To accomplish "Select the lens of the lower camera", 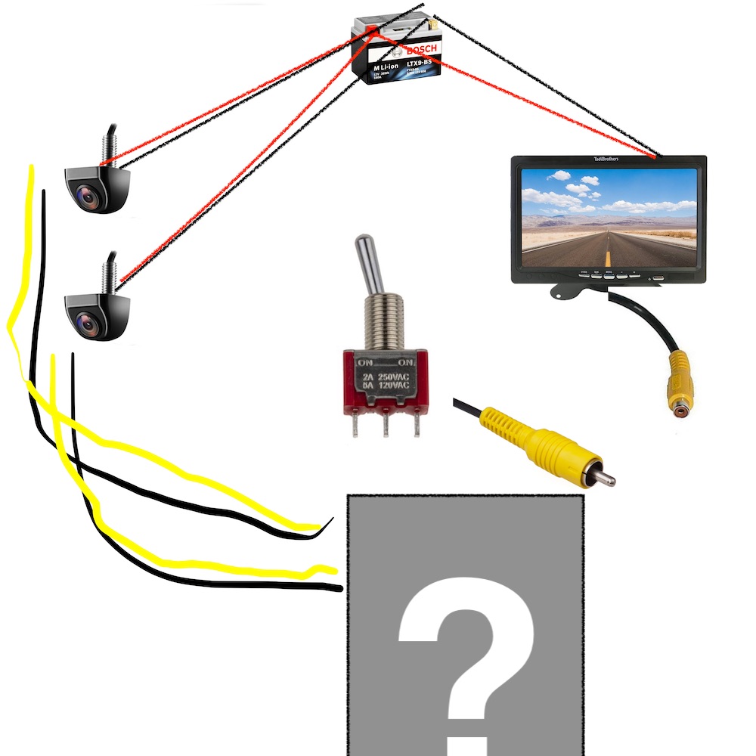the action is pos(90,324).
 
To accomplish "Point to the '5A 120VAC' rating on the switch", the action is pos(386,386).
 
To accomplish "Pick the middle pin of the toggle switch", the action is pos(386,426).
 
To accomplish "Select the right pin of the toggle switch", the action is pos(417,426).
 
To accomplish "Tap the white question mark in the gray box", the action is pos(466,650).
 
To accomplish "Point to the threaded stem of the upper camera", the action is pos(108,144).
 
